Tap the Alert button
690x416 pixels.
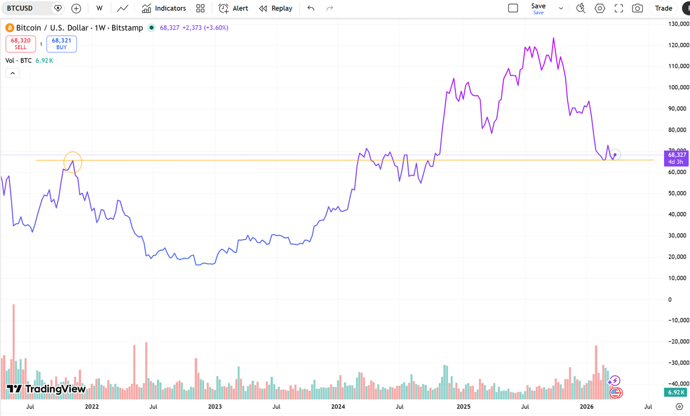click(x=233, y=8)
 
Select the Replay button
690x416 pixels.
click(x=275, y=8)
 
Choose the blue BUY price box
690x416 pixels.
click(x=62, y=44)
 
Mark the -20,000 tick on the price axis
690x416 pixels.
click(x=676, y=341)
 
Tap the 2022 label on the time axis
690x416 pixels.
click(x=91, y=406)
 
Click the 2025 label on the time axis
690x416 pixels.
click(x=463, y=406)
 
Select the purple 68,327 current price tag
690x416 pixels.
click(x=676, y=157)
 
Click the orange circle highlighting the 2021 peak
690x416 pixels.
click(x=73, y=162)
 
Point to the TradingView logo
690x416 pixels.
click(x=46, y=389)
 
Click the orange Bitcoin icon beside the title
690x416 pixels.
click(x=9, y=28)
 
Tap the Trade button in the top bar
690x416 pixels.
click(x=663, y=8)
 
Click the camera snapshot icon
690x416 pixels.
click(x=637, y=8)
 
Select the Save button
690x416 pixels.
click(x=538, y=8)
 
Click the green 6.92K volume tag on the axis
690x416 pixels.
click(x=676, y=392)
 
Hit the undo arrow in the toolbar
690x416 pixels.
click(x=311, y=8)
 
